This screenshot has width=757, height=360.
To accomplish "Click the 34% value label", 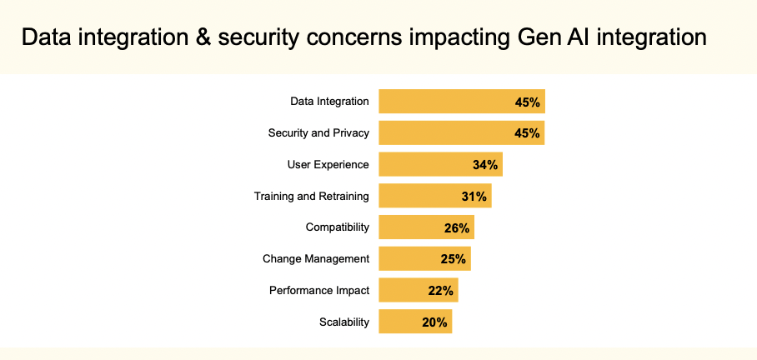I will pos(485,165).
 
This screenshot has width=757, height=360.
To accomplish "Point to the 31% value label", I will pos(474,197).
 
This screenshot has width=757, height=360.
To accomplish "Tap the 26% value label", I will pos(457,227).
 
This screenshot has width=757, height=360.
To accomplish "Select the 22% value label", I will pos(441,291).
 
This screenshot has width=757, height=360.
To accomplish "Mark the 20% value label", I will pos(435,322).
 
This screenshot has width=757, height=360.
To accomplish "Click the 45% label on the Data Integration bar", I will pos(528,102).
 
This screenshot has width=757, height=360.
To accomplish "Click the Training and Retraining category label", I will pos(311,197).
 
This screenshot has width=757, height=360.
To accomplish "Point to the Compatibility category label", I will pos(337,227).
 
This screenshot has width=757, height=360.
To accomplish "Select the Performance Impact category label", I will pos(318,291).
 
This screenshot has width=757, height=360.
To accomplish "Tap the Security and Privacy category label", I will pos(318,133).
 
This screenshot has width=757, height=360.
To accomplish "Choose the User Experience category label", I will pos(328,165).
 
